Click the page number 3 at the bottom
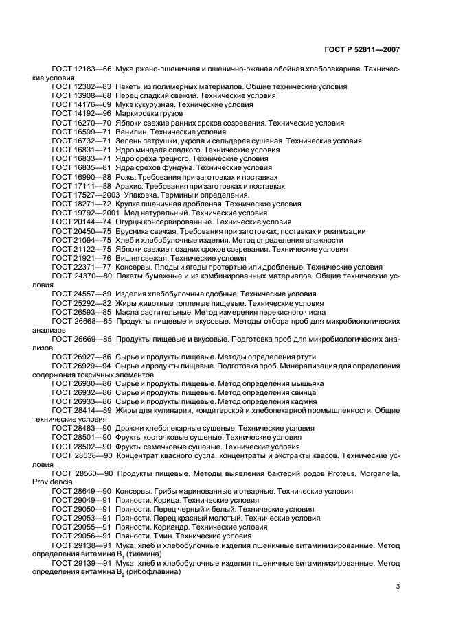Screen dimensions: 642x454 tap(398, 586)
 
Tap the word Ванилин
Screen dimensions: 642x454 tap(133, 132)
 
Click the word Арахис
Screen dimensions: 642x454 tap(131, 186)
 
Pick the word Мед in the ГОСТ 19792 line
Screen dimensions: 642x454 tap(131, 213)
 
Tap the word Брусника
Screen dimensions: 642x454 tap(135, 231)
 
